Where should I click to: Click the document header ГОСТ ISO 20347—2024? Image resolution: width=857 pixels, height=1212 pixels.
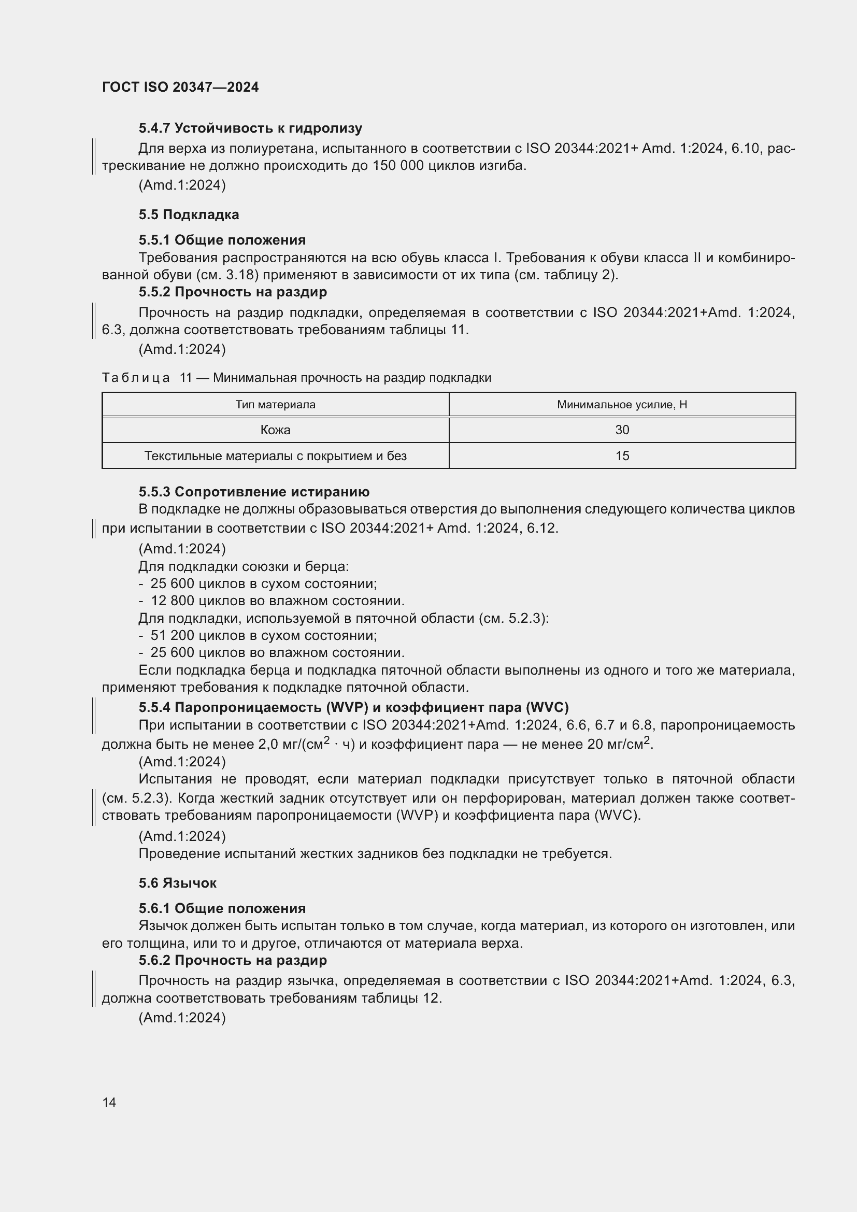[x=180, y=87]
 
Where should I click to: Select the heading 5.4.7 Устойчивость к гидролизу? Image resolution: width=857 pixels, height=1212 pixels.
[x=250, y=128]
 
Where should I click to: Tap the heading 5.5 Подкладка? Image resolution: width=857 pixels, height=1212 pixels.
[x=189, y=215]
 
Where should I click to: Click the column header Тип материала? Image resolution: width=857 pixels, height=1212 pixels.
[x=275, y=404]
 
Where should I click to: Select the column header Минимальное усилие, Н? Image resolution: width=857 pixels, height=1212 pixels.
[x=622, y=404]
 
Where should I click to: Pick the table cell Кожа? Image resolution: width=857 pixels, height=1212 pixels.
[x=275, y=430]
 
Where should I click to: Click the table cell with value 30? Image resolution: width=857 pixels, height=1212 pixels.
[x=622, y=430]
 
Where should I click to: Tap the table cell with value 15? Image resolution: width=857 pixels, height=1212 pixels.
[x=622, y=455]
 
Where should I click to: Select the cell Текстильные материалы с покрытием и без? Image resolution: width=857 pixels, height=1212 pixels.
[x=275, y=455]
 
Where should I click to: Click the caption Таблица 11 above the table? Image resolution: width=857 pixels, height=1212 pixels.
[x=296, y=377]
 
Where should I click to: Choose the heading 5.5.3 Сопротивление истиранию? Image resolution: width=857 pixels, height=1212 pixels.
[x=254, y=491]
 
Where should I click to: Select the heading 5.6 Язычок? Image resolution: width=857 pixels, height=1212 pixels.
[x=177, y=882]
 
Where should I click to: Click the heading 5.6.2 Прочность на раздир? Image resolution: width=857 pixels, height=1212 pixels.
[x=233, y=960]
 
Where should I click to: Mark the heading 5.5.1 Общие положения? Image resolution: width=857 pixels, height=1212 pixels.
[x=222, y=240]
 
